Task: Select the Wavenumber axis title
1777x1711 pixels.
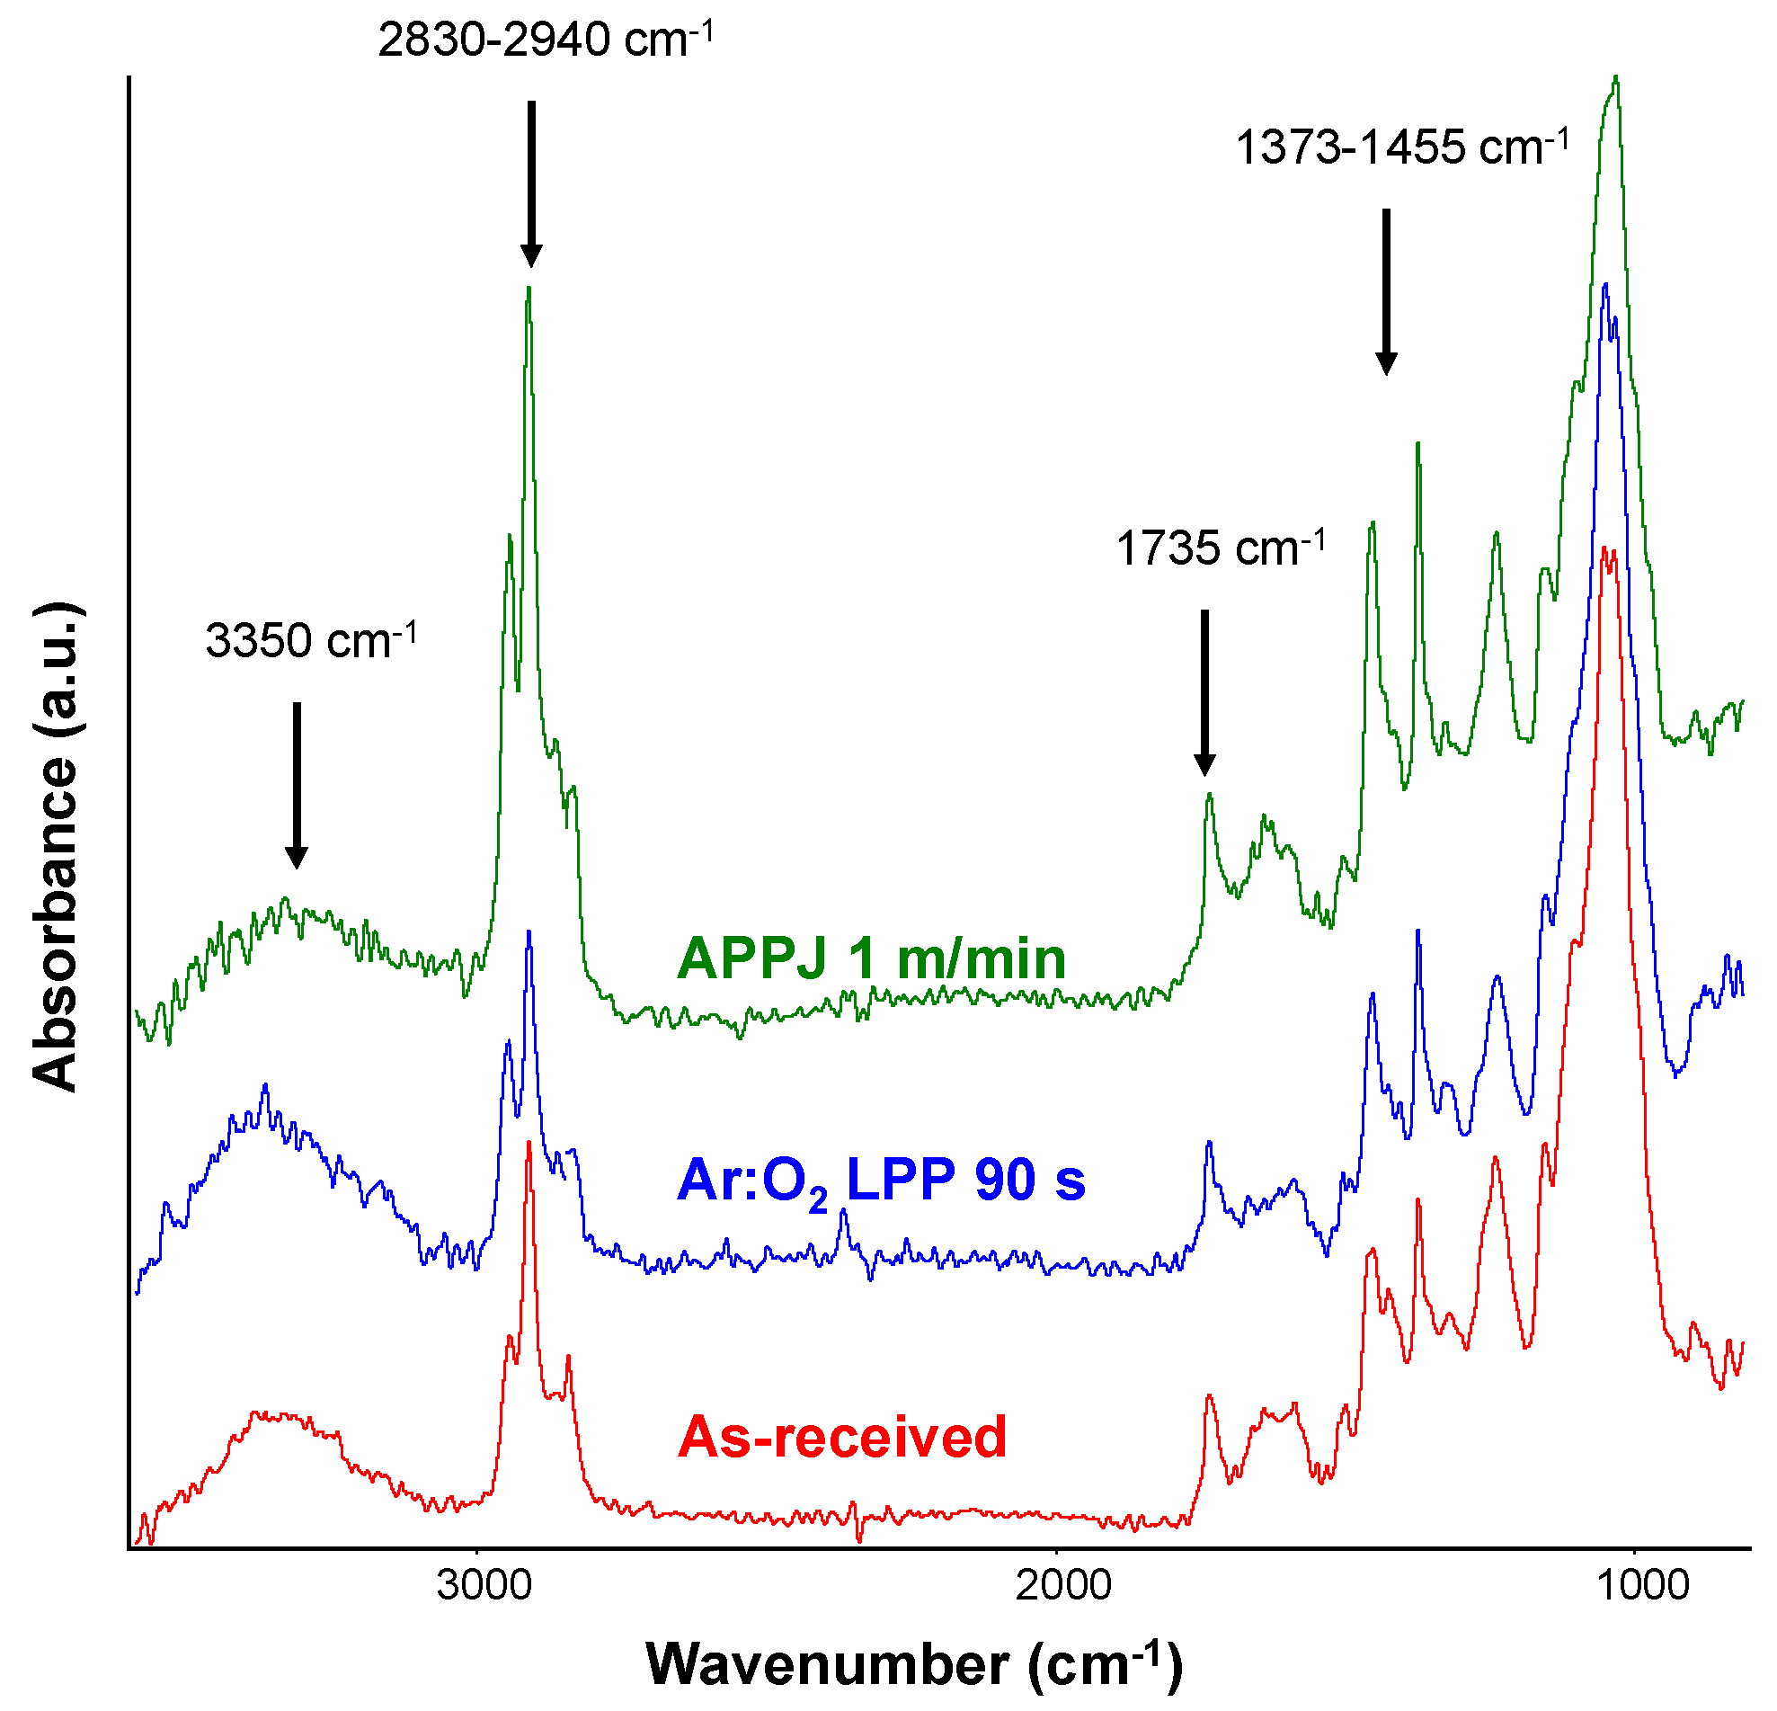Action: click(914, 1665)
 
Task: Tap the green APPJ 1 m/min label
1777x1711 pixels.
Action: click(871, 958)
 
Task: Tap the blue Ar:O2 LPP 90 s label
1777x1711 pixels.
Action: click(881, 1181)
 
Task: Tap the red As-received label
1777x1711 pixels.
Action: click(842, 1437)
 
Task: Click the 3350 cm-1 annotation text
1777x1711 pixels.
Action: click(311, 641)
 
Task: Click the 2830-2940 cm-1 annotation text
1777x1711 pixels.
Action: click(545, 40)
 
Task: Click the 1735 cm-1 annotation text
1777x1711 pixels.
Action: click(1221, 548)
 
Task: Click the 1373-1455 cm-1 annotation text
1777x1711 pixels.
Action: click(1401, 147)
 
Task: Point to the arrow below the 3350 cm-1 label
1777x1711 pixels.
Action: click(297, 785)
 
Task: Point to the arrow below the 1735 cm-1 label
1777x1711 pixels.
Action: click(1204, 691)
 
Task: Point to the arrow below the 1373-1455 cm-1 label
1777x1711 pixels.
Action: click(1386, 291)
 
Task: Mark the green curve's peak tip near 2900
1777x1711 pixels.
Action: click(529, 288)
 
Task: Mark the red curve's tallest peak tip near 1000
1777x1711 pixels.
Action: click(1604, 548)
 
